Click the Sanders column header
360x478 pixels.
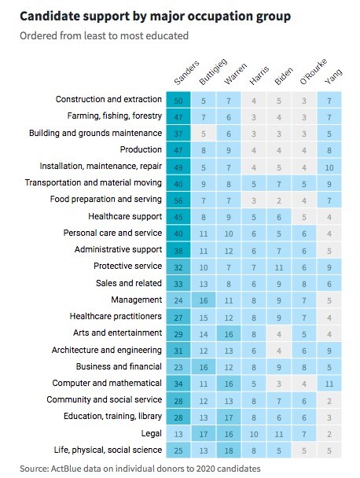(186, 72)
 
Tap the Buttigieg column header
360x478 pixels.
(213, 72)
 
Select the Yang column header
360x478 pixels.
(333, 76)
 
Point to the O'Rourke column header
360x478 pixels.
(314, 72)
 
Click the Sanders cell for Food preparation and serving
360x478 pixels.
(178, 200)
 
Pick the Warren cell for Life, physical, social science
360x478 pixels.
(229, 450)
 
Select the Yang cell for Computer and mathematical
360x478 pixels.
(329, 384)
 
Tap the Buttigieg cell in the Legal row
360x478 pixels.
(204, 434)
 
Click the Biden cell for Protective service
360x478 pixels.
(279, 267)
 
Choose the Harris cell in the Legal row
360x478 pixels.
(254, 434)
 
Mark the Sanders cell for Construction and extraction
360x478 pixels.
(178, 101)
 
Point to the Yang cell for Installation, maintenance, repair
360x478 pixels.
(329, 167)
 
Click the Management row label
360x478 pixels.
(136, 300)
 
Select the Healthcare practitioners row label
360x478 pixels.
(116, 316)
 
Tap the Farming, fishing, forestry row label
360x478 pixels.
(115, 116)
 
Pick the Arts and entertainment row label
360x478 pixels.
(117, 333)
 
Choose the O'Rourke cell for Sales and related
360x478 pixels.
(304, 284)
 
